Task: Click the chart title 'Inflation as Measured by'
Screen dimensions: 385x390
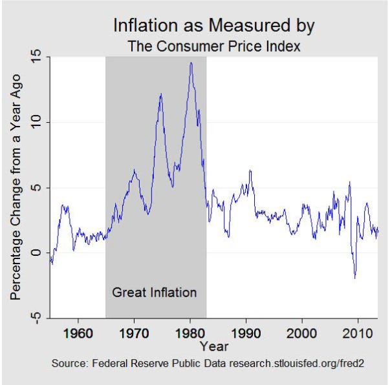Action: point(214,26)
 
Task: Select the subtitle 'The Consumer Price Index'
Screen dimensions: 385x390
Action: point(214,47)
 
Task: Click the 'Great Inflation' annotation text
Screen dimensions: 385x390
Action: point(154,293)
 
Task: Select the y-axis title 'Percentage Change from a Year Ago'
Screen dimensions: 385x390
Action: point(17,187)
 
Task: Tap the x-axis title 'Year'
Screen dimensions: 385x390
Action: point(214,347)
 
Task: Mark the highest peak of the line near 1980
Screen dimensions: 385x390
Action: point(191,63)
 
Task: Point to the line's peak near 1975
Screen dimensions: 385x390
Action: point(160,94)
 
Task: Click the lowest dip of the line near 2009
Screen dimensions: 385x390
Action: point(354,278)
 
